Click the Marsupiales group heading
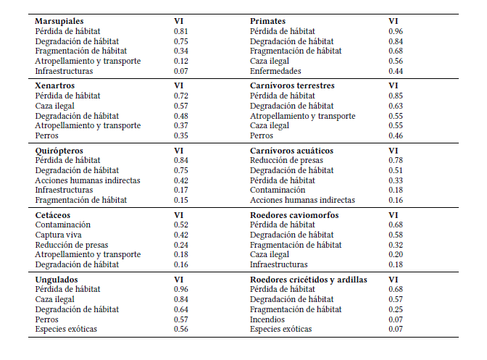[59, 22]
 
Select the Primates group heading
[267, 22]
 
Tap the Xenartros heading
[54, 85]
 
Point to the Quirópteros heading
[59, 150]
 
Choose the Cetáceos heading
[53, 215]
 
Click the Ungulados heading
[56, 279]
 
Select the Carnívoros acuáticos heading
[292, 150]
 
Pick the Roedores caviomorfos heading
[294, 215]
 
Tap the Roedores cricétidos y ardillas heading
[308, 279]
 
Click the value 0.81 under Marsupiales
[181, 32]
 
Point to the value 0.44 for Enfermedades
[396, 71]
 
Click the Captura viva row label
[58, 235]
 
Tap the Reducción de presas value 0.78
[396, 160]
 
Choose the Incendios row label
[267, 319]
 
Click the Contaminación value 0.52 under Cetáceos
[181, 225]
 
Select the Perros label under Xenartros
[46, 135]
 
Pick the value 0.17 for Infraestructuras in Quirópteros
[181, 190]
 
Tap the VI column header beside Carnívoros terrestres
[394, 85]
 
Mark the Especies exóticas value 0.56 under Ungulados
[181, 330]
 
